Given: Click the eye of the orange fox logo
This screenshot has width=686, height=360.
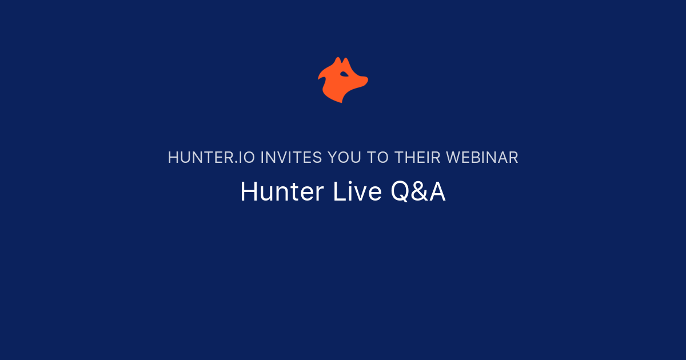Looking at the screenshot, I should [x=344, y=74].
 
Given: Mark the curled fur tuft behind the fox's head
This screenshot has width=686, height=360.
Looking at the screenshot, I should [x=322, y=75].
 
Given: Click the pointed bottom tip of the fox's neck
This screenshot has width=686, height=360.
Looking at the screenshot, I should [x=341, y=101].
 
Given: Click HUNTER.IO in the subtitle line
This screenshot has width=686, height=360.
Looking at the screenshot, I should [x=212, y=158].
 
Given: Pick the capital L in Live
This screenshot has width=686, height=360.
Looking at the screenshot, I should [x=338, y=192].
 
